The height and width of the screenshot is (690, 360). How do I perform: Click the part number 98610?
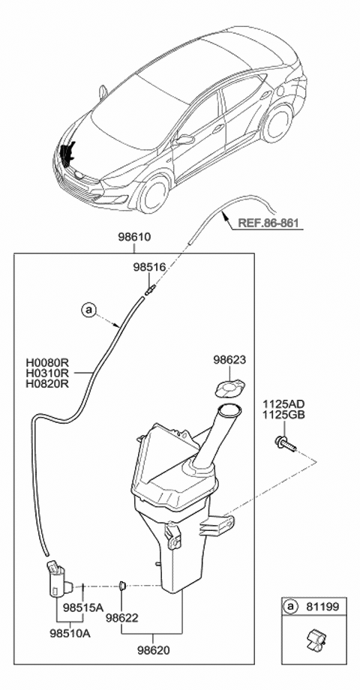click(133, 236)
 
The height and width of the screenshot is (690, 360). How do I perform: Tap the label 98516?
click(148, 266)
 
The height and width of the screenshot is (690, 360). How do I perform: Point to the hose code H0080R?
click(47, 361)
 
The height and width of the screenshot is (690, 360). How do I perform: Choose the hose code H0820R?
click(47, 383)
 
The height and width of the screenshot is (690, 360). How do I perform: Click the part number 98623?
click(228, 360)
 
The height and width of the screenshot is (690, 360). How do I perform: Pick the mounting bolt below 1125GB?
click(286, 444)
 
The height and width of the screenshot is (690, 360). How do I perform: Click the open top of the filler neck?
click(228, 409)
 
